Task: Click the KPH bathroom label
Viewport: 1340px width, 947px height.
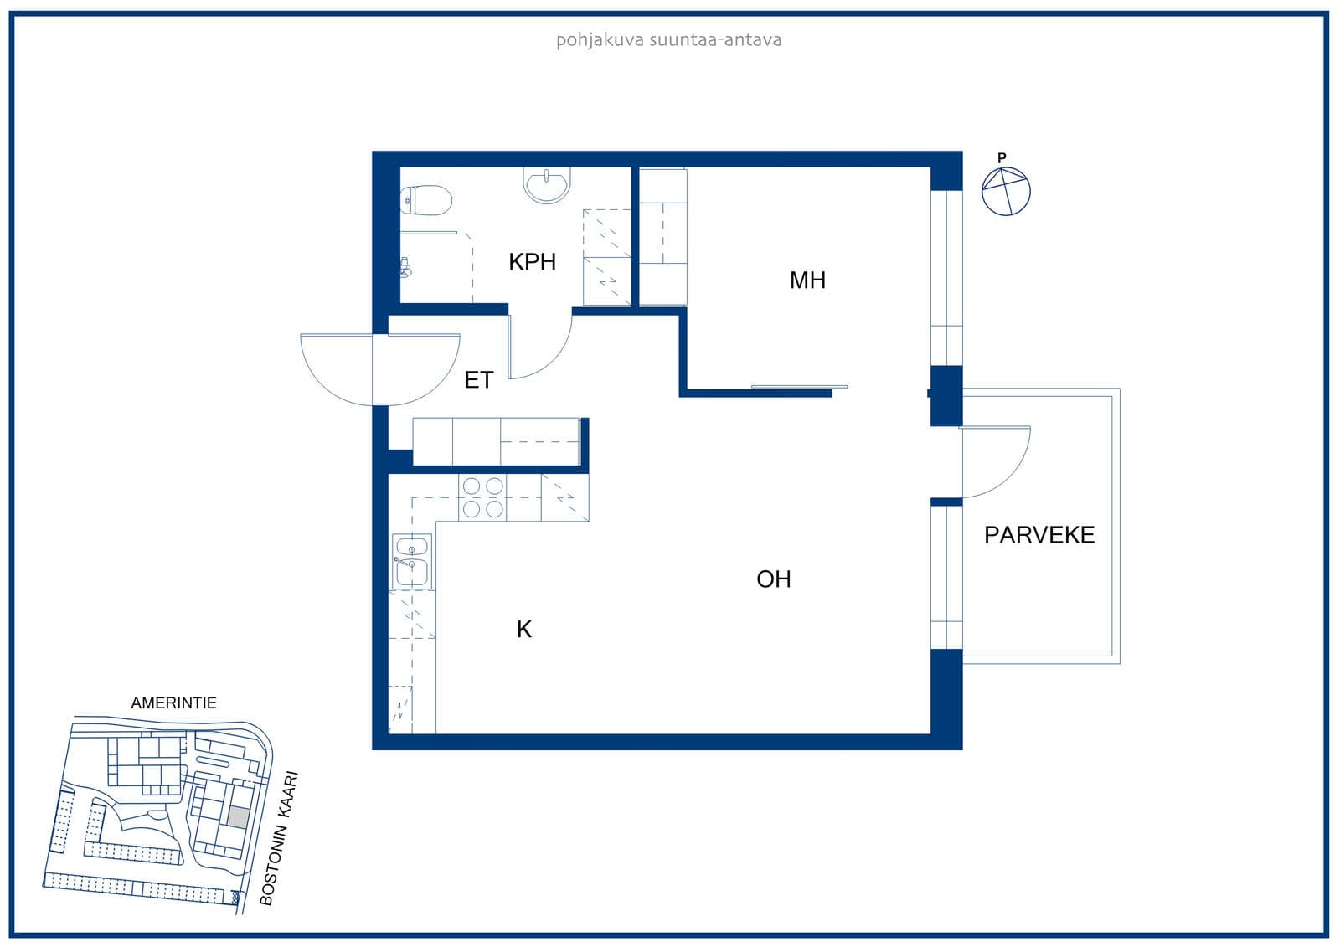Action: [x=532, y=261]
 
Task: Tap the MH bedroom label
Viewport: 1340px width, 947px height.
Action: [x=807, y=280]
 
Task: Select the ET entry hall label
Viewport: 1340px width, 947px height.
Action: [x=478, y=380]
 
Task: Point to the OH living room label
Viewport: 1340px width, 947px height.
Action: [x=774, y=579]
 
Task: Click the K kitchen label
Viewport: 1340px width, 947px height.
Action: [x=524, y=630]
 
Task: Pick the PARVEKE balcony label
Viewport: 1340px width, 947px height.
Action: [x=1039, y=535]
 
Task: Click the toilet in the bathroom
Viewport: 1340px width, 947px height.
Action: [x=425, y=200]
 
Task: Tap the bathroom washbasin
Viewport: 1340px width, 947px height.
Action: [x=547, y=185]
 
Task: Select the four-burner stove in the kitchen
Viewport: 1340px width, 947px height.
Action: [x=482, y=497]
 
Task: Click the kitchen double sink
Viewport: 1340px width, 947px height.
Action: [x=411, y=561]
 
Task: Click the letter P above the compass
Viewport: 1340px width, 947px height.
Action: [x=1002, y=158]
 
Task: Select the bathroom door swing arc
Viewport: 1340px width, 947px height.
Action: [x=554, y=358]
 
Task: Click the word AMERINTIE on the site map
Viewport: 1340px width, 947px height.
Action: [x=173, y=703]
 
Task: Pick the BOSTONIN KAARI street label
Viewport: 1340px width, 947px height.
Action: [x=278, y=838]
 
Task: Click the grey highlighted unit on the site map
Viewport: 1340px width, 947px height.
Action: [x=238, y=817]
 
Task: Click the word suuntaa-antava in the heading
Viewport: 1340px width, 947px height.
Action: [x=715, y=40]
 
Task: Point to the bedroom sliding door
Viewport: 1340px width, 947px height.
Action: [x=799, y=387]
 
